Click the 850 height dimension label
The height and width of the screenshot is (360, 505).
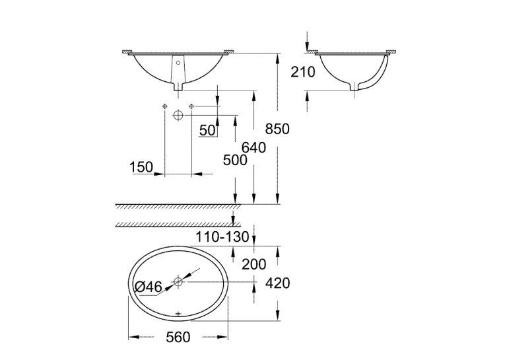(x=277, y=129)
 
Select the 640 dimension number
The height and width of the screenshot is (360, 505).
(x=253, y=147)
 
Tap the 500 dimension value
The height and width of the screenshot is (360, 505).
(x=235, y=160)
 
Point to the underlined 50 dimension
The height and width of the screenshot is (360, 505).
(x=207, y=131)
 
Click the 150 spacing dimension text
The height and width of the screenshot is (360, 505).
(x=141, y=167)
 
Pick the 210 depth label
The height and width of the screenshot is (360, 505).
(x=303, y=72)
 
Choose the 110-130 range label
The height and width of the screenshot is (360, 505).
(x=222, y=237)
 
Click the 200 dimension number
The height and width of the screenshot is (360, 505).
(x=254, y=265)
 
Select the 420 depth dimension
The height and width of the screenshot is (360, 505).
(x=278, y=283)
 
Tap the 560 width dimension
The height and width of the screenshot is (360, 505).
(x=178, y=337)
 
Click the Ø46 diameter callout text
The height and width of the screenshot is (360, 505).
(x=149, y=287)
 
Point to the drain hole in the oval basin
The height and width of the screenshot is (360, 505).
(x=178, y=281)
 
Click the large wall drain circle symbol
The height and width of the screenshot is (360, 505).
(x=178, y=115)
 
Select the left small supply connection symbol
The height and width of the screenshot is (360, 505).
(x=164, y=106)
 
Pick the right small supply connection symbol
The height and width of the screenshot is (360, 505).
(x=191, y=106)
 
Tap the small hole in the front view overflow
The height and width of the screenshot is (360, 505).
(x=178, y=63)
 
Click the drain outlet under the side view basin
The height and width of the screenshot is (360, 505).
(x=354, y=87)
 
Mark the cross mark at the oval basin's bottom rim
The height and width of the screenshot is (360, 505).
(x=178, y=313)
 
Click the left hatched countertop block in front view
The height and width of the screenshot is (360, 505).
(x=127, y=52)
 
